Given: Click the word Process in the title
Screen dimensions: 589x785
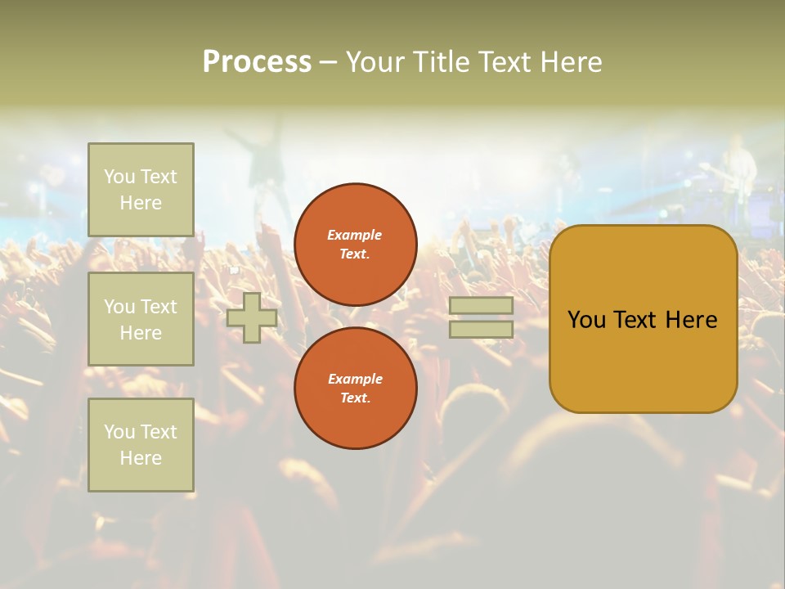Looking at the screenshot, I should coord(257,62).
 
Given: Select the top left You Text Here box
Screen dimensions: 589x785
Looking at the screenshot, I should coord(141,190).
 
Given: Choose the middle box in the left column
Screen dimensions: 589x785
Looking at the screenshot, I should coord(141,319).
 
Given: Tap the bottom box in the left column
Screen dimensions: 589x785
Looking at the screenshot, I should coord(141,445).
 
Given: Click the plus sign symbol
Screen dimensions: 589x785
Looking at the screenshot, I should coord(252,317).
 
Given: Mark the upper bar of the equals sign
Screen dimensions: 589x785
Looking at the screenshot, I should coord(481,305).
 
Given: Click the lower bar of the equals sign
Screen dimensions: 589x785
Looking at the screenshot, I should coord(481,330).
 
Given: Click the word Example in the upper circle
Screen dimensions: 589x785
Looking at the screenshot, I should coord(355,235).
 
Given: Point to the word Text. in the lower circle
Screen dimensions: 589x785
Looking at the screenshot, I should coord(355,398).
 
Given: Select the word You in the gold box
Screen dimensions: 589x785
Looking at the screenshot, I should coord(586,320).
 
